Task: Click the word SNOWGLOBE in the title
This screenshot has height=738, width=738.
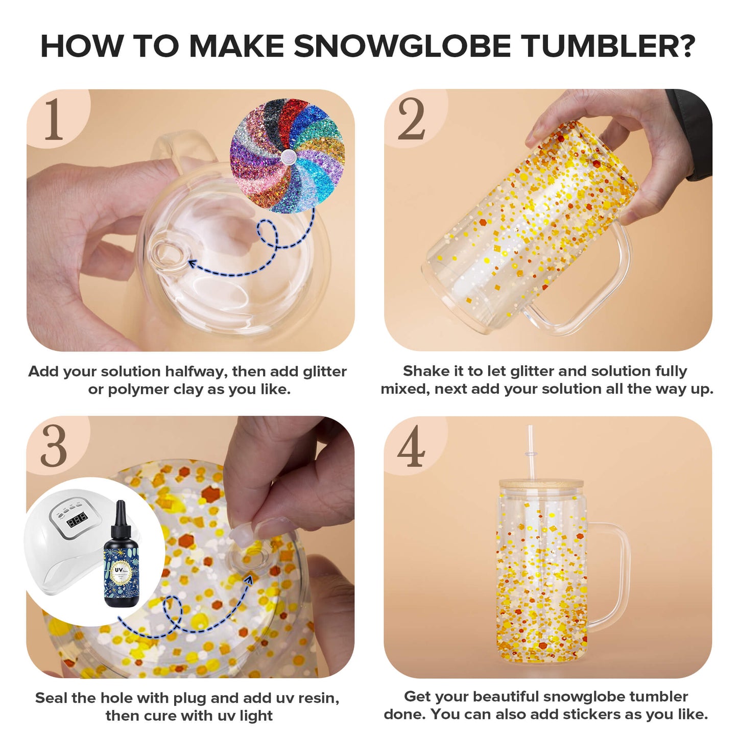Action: pos(402,46)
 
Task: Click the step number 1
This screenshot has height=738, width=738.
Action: pos(54,121)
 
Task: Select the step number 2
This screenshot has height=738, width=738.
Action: pos(411,121)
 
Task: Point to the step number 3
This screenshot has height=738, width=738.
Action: pos(54,447)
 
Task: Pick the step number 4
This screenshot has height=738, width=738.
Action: pos(411,447)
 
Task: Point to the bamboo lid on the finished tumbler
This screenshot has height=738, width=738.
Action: pos(541,484)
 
